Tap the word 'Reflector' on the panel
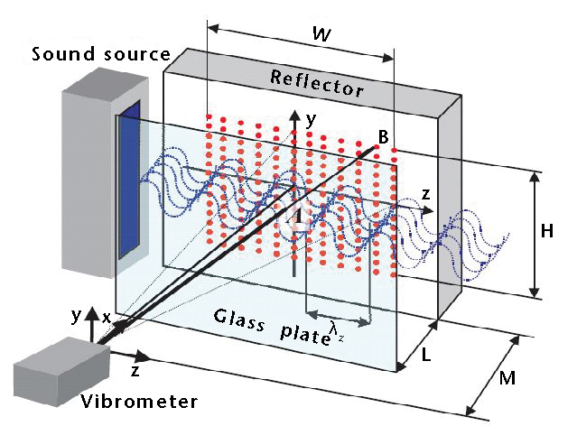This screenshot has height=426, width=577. (317, 82)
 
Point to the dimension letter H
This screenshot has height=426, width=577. (547, 231)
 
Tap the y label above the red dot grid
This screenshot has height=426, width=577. (312, 118)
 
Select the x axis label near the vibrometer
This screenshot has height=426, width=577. (107, 318)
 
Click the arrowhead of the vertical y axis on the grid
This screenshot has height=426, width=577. (293, 116)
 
